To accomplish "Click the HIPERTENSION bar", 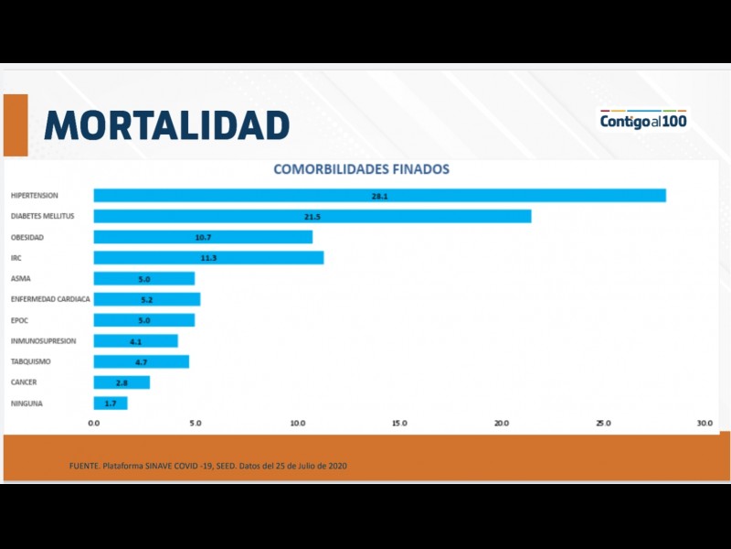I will pos(379,196).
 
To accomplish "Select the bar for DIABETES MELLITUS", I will pos(313,217).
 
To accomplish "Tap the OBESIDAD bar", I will pos(203,237).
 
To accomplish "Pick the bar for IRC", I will pos(208,258).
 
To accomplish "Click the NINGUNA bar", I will pos(111,404).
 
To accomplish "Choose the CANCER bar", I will pos(122,382).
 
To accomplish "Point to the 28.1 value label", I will pos(380,196).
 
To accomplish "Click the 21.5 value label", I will pos(313,217).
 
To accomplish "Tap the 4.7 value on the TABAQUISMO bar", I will pos(143,361).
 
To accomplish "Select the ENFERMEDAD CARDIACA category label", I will pos(50,299).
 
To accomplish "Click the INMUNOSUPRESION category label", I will pos(44,340).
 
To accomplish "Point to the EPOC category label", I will pos(22,320).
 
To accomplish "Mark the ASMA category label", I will pos(21,278).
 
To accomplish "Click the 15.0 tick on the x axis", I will pos(399,424).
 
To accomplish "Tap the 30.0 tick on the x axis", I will pos(705,424).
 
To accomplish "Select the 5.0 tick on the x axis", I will pos(195,424).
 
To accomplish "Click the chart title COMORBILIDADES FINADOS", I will pos(362,169).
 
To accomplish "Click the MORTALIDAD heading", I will pos(167,125).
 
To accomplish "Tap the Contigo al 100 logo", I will pos(643,120).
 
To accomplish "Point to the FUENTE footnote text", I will pos(208,466).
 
